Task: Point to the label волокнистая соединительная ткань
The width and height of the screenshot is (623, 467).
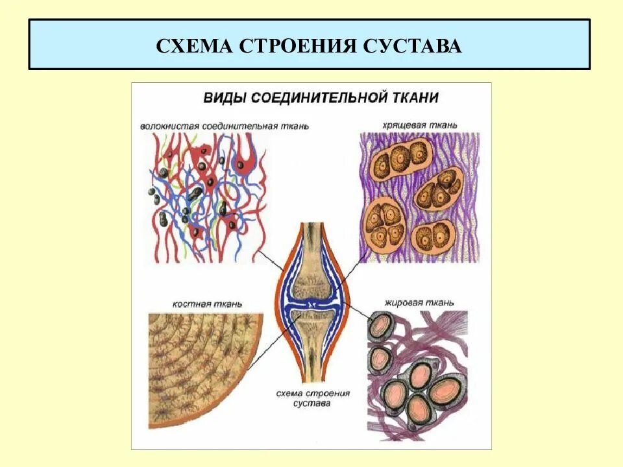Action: (224, 125)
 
